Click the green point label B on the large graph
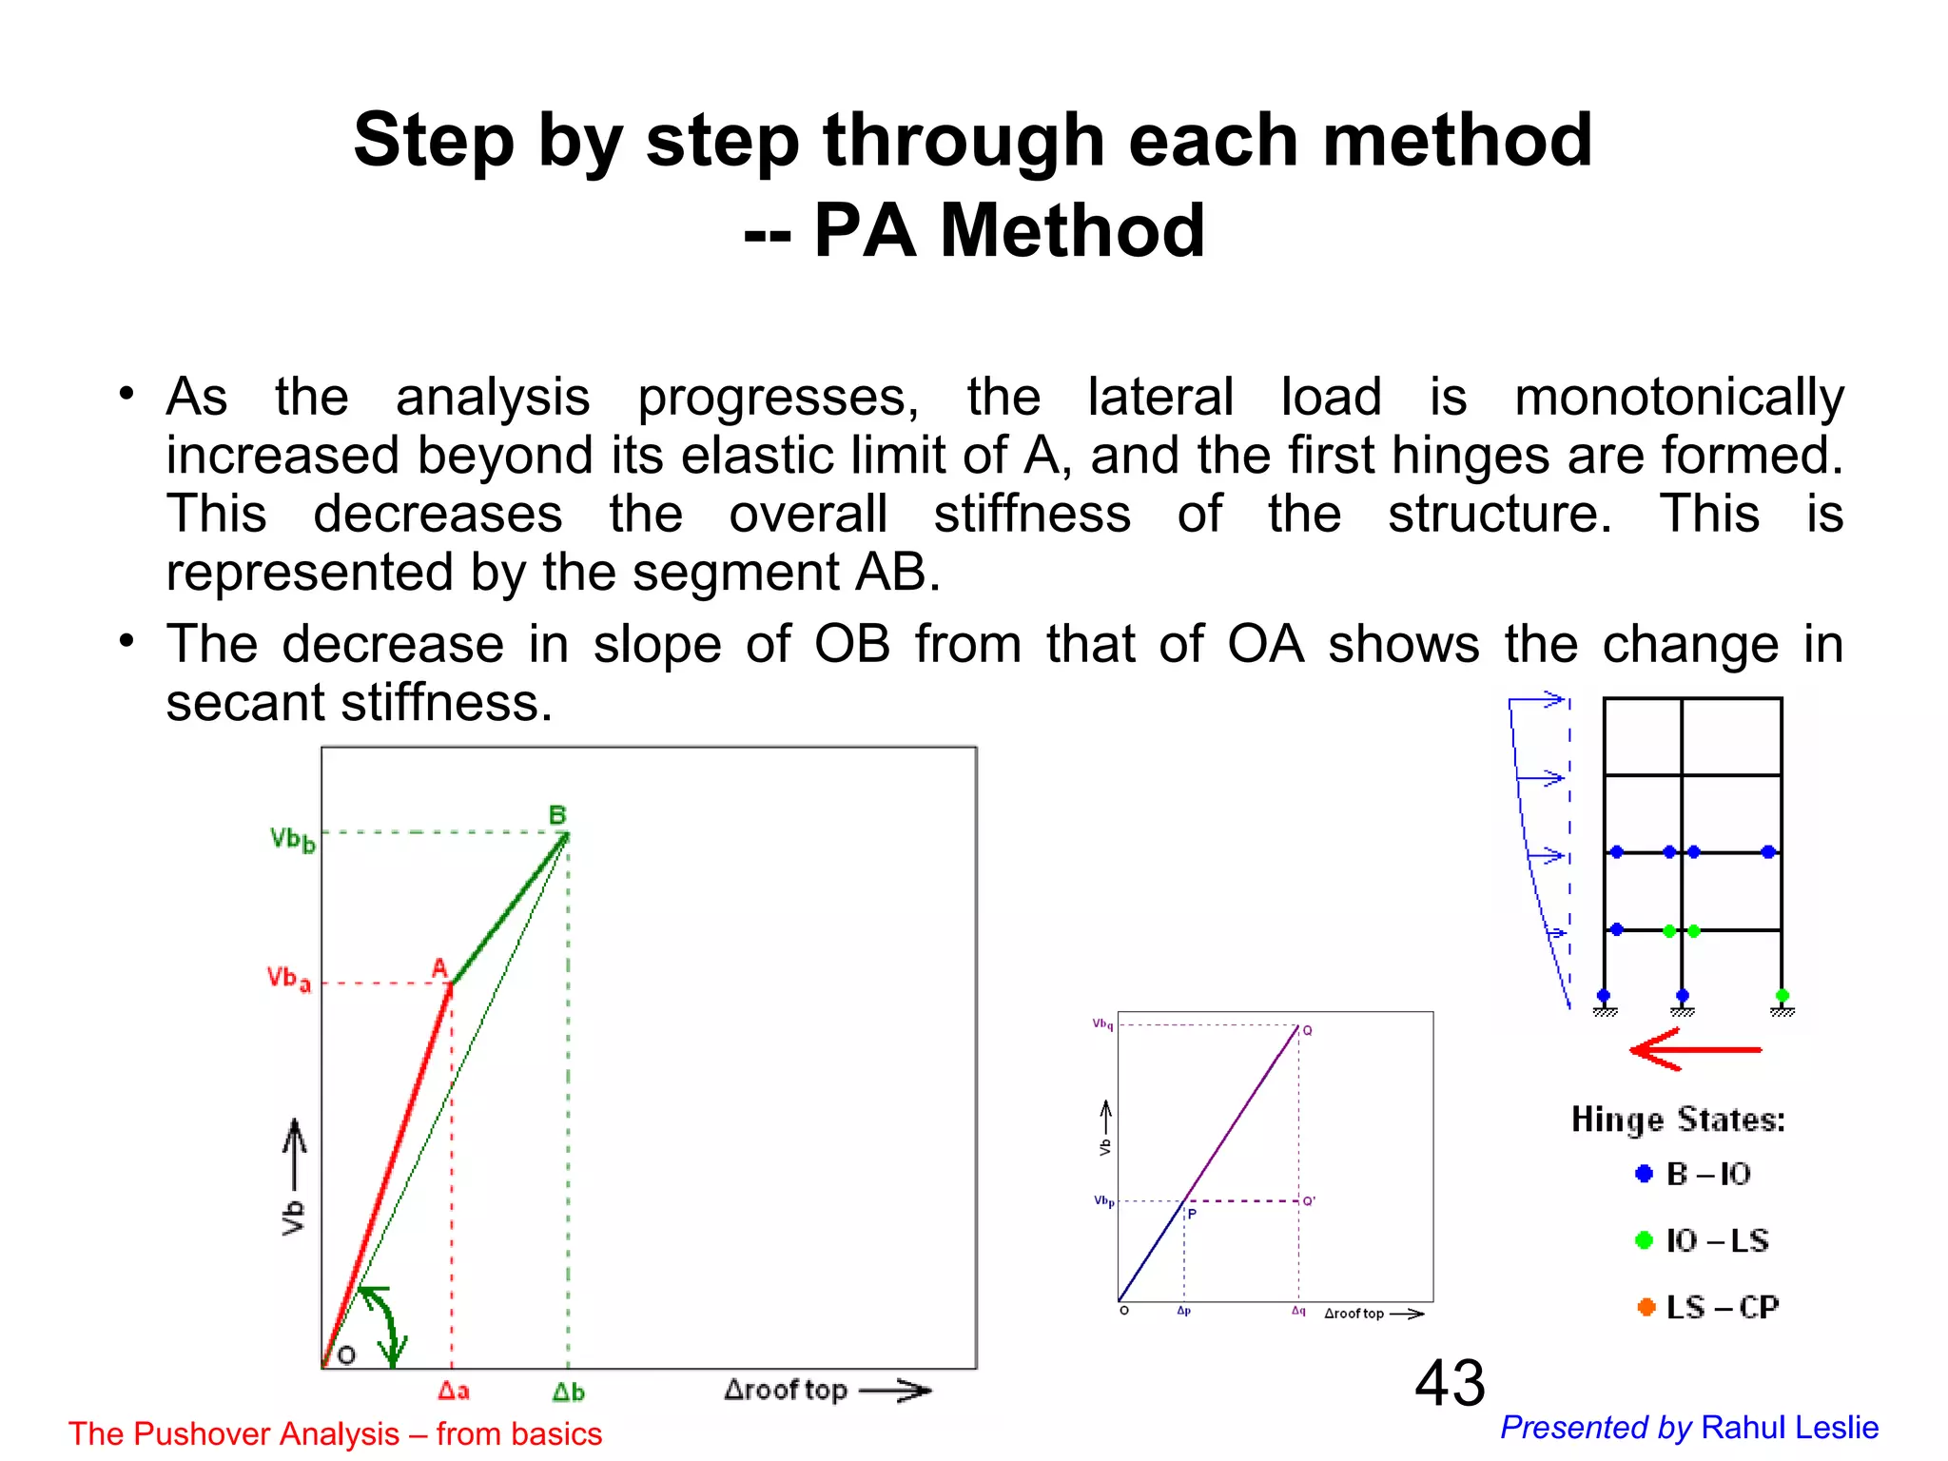(x=557, y=815)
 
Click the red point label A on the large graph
(x=439, y=968)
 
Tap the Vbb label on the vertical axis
(x=292, y=840)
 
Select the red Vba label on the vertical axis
(x=288, y=979)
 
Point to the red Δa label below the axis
(x=454, y=1391)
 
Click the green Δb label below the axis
(x=568, y=1392)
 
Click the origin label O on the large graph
(x=347, y=1354)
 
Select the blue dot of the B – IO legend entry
(x=1644, y=1174)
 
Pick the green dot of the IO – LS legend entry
(x=1644, y=1240)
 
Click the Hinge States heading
(x=1678, y=1120)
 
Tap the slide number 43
(x=1450, y=1383)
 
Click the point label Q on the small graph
(x=1308, y=1031)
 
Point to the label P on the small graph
(x=1192, y=1215)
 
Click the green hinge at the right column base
(x=1782, y=996)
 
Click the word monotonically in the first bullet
(x=1679, y=397)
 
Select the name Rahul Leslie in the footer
(x=1789, y=1428)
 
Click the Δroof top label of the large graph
(x=786, y=1391)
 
